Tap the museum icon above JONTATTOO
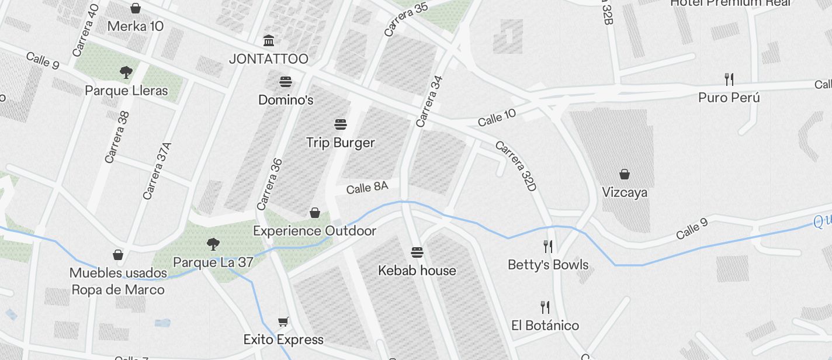pos(269,41)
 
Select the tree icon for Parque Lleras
pos(126,72)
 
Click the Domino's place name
pos(286,100)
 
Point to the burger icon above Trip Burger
pos(341,124)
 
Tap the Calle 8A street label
pos(367,188)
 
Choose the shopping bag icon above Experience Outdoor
pos(315,213)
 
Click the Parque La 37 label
pos(213,262)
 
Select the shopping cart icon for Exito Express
pos(283,321)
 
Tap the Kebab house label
pos(417,271)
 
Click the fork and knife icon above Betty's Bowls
pos(547,246)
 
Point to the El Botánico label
pos(545,326)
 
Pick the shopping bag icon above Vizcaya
pos(625,174)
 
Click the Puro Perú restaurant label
pos(729,98)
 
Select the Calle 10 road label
pos(497,117)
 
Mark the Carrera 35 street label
pos(406,19)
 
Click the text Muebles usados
pos(118,273)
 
